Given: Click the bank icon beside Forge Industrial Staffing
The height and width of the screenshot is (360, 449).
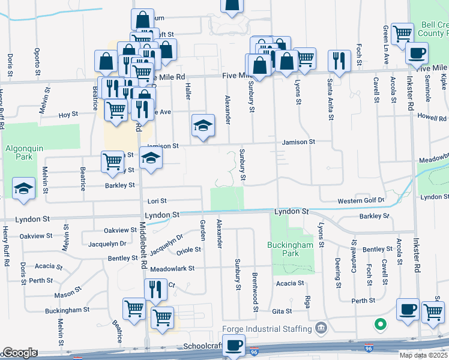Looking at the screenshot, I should coord(321,328).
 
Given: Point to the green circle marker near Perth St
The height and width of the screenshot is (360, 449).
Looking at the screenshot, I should coord(379,325).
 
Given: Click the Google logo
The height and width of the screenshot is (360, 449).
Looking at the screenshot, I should coord(19,353).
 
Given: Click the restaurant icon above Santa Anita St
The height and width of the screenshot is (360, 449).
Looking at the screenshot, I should coord(339,61).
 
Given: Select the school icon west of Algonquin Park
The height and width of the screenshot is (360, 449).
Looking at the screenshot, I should coord(23,188).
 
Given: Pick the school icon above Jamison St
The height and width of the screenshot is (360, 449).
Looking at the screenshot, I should coord(203,125).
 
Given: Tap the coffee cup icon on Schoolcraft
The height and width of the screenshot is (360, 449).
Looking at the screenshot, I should coord(233,346).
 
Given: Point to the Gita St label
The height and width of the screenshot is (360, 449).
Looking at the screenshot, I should coord(282,311).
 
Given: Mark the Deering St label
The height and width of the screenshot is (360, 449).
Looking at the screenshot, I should coord(338,268).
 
